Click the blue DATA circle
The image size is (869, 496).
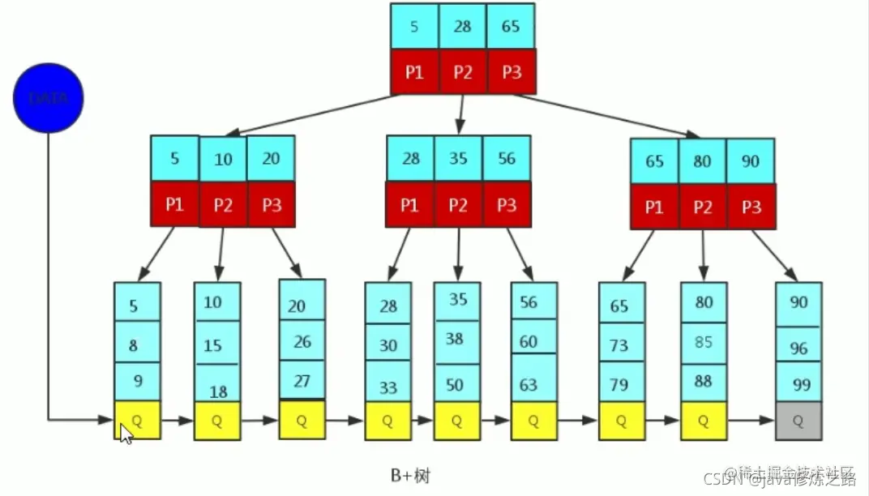tap(48, 98)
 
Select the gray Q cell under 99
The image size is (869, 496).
tap(798, 421)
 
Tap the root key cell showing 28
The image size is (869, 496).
tap(462, 27)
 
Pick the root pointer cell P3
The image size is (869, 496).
tap(511, 72)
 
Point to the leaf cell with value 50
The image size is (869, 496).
tap(456, 384)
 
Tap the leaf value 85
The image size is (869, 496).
tap(704, 342)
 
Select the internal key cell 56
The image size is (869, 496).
tap(507, 158)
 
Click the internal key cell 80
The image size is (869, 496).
tap(702, 160)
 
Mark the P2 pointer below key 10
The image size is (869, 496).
tap(223, 205)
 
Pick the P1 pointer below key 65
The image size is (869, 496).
tap(654, 207)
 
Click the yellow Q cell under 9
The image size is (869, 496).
tap(137, 420)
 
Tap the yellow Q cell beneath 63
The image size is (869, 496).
tap(533, 421)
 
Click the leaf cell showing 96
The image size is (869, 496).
tap(798, 348)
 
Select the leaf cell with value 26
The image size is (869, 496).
tap(302, 341)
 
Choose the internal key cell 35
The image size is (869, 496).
tap(458, 158)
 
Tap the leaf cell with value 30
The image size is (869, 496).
tap(387, 345)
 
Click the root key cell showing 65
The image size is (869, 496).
tap(511, 27)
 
